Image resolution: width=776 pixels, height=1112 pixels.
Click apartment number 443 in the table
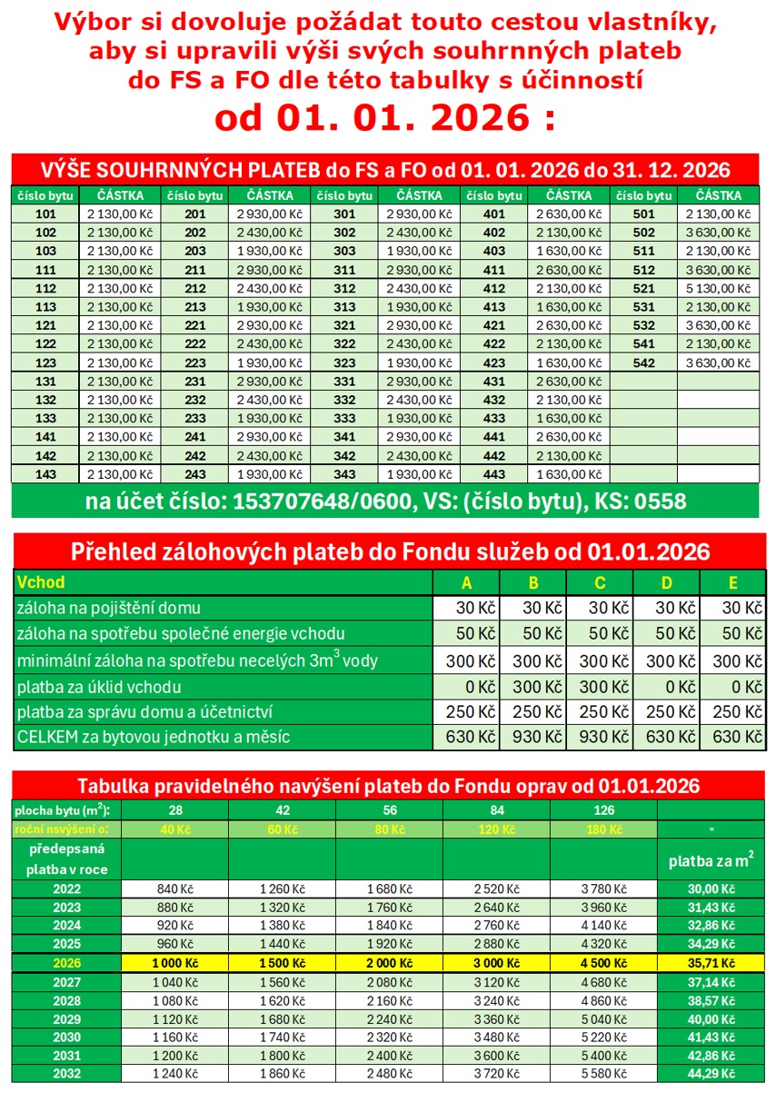(x=493, y=474)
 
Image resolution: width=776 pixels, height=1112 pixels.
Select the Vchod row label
(x=42, y=582)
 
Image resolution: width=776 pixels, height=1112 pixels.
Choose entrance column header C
(x=599, y=582)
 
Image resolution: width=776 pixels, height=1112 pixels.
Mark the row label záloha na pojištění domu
(x=109, y=608)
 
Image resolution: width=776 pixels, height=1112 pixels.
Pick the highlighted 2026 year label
(x=66, y=963)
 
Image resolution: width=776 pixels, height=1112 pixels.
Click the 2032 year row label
(x=66, y=1073)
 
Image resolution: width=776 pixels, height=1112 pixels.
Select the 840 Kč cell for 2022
(x=174, y=889)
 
